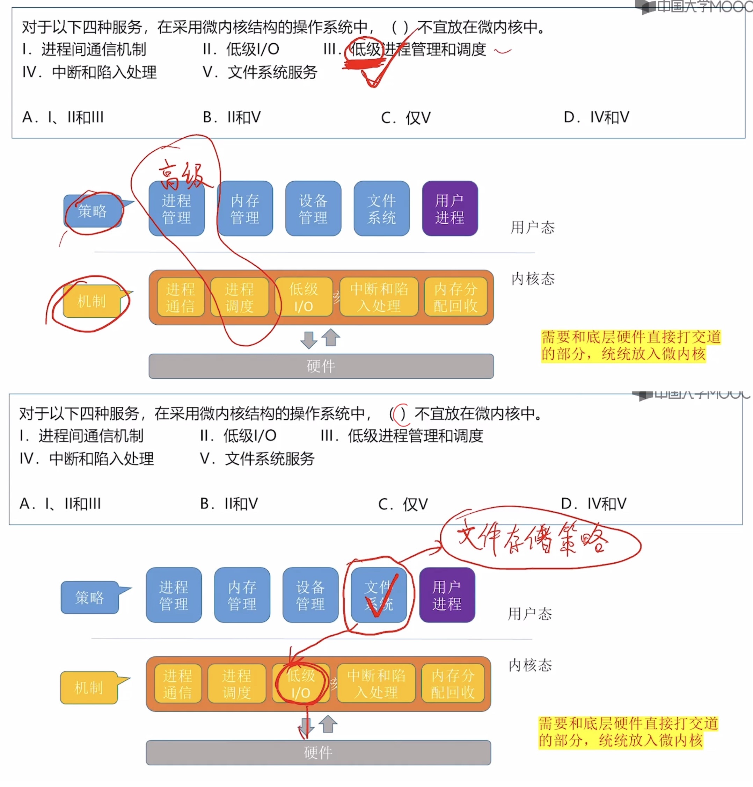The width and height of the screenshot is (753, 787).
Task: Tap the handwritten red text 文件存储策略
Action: tap(532, 538)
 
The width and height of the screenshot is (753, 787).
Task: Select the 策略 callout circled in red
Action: tap(93, 211)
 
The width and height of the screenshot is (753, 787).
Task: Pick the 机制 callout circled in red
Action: tap(92, 301)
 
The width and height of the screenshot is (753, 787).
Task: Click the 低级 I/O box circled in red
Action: tap(301, 684)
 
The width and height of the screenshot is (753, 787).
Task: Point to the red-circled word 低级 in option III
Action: tap(365, 50)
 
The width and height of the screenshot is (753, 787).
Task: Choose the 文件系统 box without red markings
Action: tap(381, 209)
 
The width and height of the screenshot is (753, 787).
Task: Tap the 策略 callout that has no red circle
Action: tap(89, 598)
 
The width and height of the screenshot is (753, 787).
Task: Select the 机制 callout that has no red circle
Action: tap(89, 687)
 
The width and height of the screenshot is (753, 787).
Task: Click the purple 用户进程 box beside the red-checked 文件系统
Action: tap(447, 595)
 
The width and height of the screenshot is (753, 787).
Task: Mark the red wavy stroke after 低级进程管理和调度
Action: tap(503, 51)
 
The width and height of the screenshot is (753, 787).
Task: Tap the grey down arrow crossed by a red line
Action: tap(306, 725)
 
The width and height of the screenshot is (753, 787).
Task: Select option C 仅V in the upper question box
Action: tap(406, 118)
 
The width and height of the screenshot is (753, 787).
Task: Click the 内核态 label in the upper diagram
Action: tap(533, 279)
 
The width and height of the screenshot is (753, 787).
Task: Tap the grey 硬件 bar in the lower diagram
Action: tap(318, 752)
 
